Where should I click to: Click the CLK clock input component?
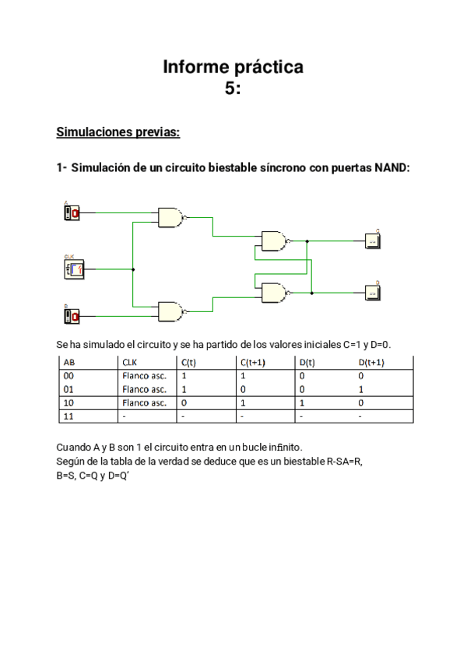coord(73,269)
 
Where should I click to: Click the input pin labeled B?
coord(72,315)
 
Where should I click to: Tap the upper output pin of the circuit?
coord(373,241)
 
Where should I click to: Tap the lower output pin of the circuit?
coord(373,293)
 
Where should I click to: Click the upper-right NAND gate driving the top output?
coord(274,241)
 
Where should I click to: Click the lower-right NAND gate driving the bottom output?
coord(274,293)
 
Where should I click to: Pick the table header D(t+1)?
coord(371,362)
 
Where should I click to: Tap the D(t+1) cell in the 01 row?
coord(361,389)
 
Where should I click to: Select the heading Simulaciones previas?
coord(118,132)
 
